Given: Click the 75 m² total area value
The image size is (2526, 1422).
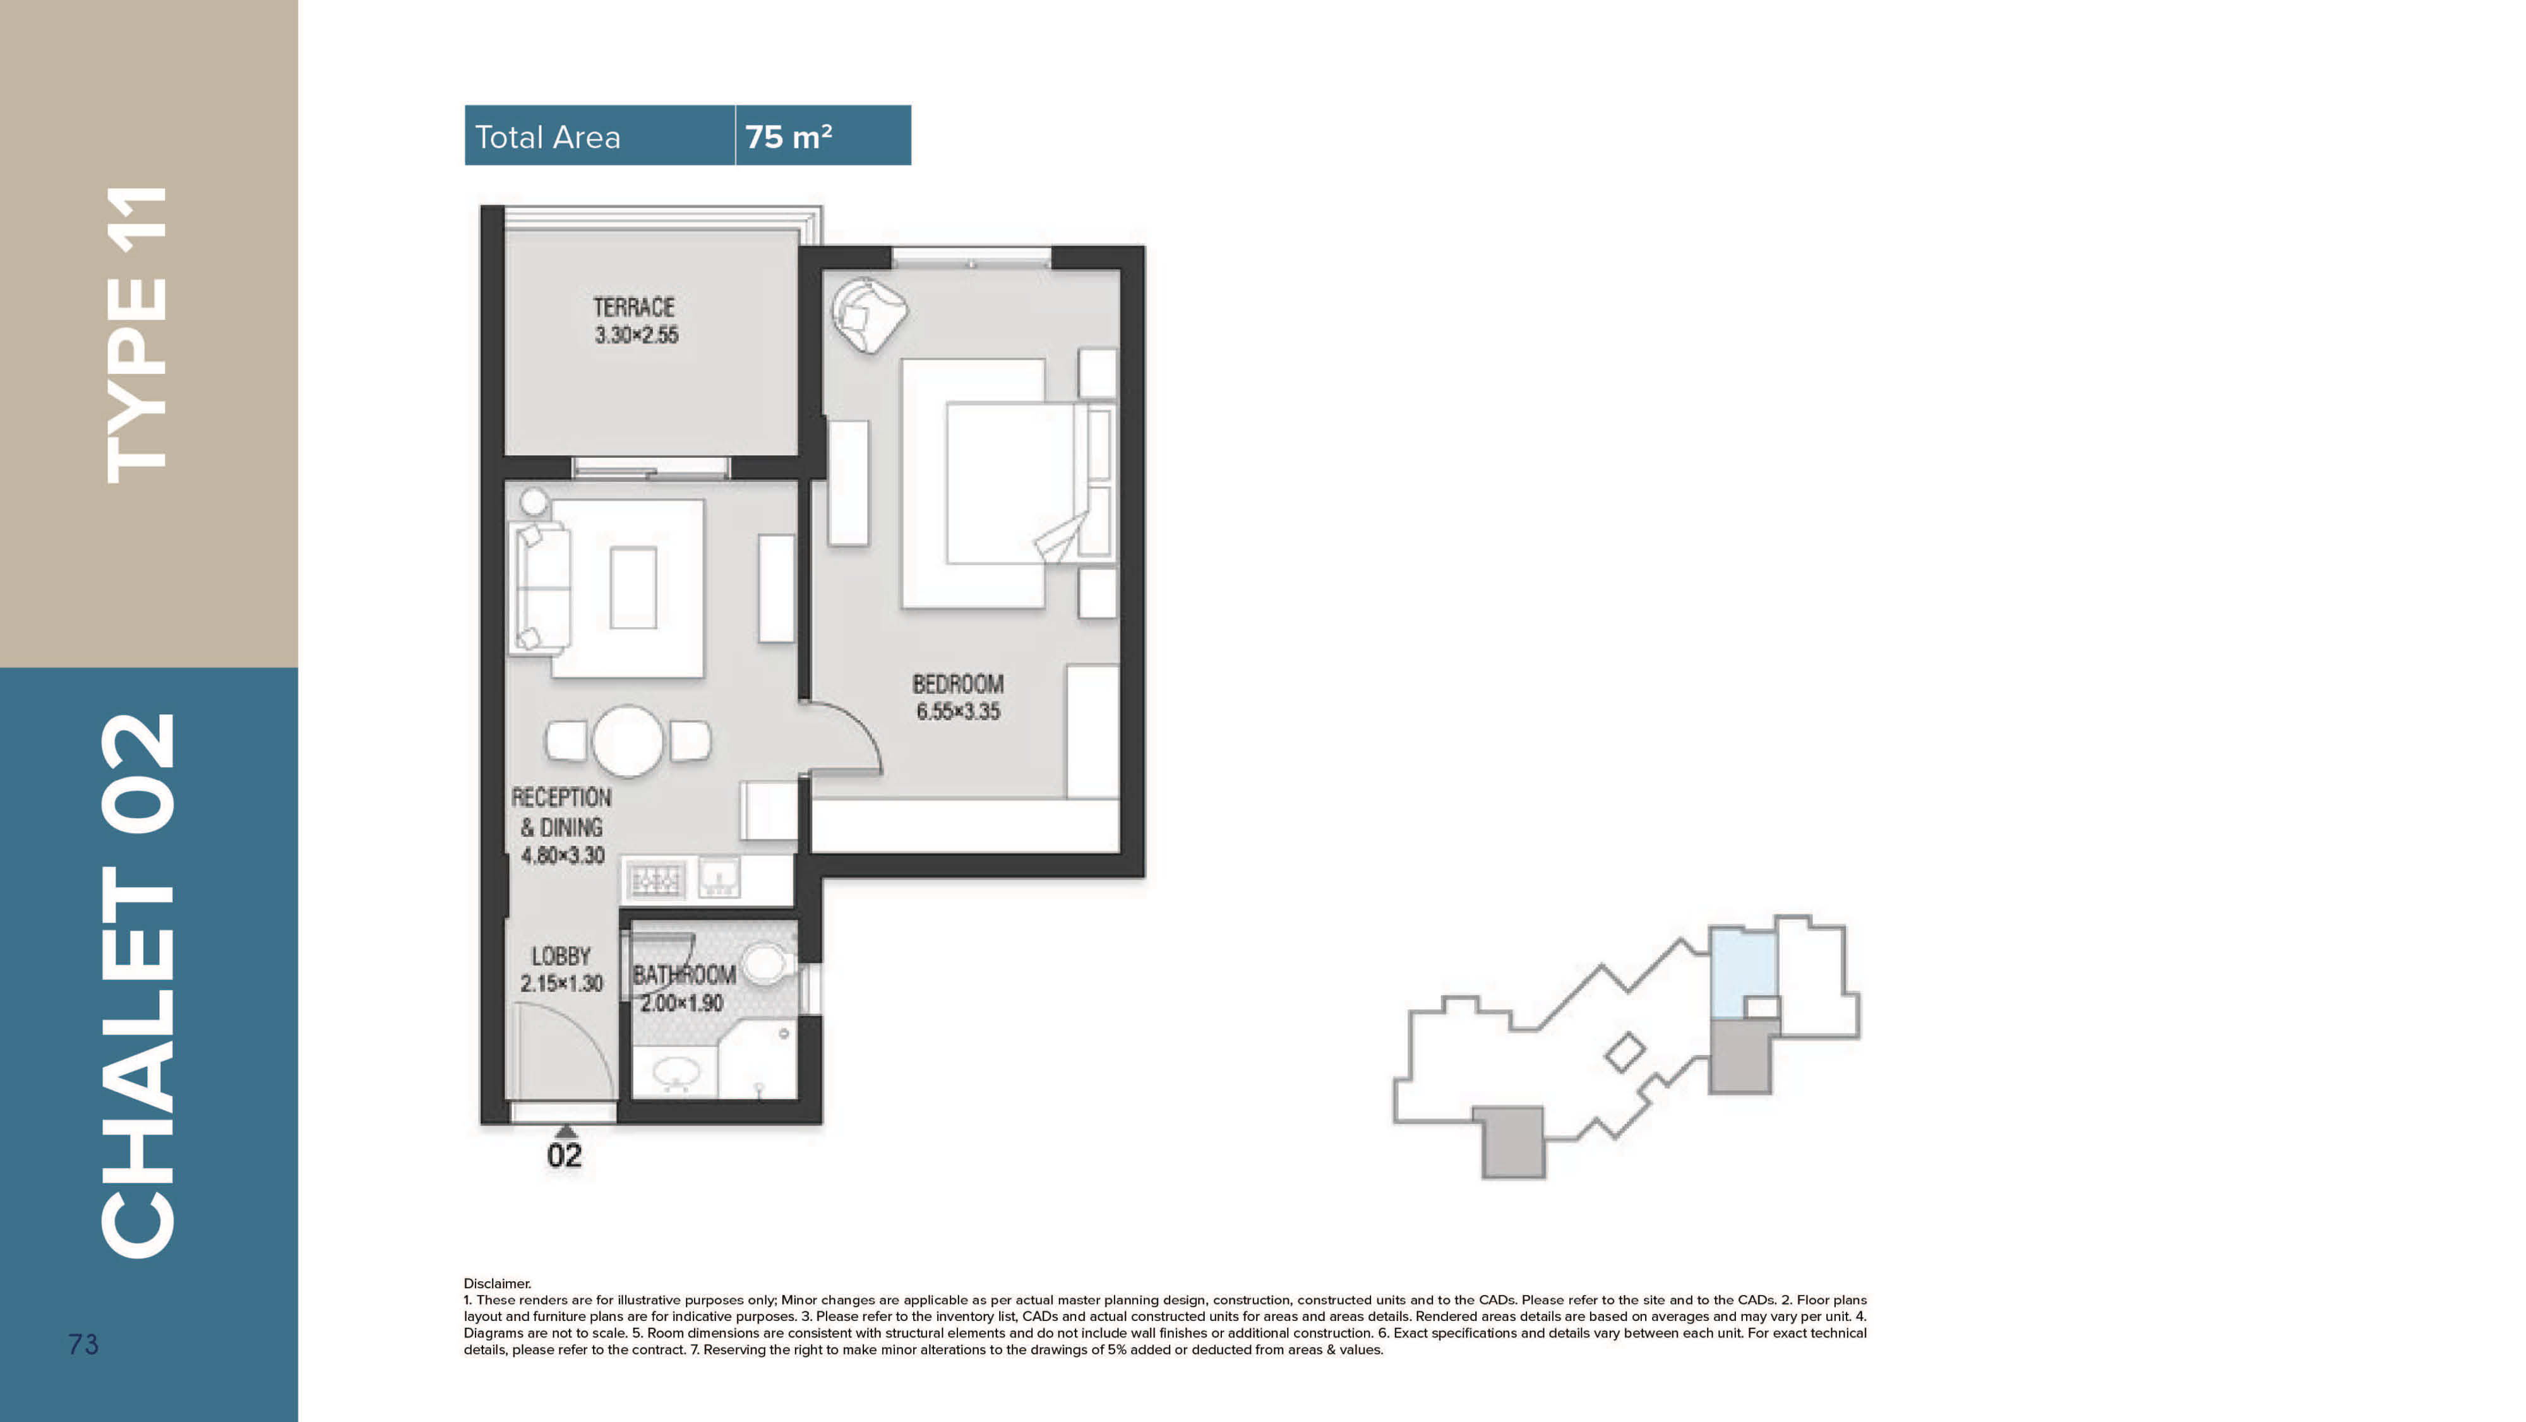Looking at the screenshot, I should pyautogui.click(x=788, y=136).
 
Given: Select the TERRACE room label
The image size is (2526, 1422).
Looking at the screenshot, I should pyautogui.click(x=633, y=307).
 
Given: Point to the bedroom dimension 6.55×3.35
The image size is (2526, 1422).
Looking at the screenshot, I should pyautogui.click(x=958, y=712).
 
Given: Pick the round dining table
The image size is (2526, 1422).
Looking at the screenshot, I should pyautogui.click(x=628, y=741).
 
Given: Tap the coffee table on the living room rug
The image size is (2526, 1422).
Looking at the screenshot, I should pyautogui.click(x=633, y=587).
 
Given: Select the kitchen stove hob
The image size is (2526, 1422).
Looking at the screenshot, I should pyautogui.click(x=654, y=879).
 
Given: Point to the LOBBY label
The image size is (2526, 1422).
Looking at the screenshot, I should pyautogui.click(x=561, y=956).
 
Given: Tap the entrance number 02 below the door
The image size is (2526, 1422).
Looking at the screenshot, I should pyautogui.click(x=564, y=1156).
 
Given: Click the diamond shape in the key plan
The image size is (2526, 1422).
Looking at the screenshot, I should pyautogui.click(x=1625, y=1052).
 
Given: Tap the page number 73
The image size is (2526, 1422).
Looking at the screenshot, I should pyautogui.click(x=83, y=1344).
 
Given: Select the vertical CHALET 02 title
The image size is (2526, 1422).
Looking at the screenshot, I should pyautogui.click(x=137, y=986).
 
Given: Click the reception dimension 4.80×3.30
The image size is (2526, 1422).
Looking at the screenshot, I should pyautogui.click(x=563, y=855).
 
